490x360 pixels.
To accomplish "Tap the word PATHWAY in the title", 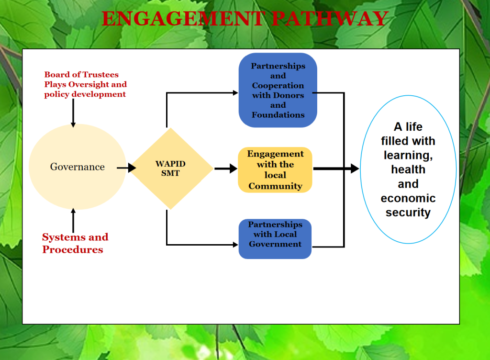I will [330, 19].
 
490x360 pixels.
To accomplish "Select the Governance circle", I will [77, 167].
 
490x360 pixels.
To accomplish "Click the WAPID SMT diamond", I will [171, 168].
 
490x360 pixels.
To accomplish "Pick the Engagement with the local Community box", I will [275, 170].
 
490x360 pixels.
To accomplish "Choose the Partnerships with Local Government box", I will [275, 238].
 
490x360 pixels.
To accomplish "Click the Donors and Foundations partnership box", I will [278, 90].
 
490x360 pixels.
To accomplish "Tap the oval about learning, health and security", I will [408, 169].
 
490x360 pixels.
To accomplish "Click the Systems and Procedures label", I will [75, 243].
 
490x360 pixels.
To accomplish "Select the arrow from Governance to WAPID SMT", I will [126, 168].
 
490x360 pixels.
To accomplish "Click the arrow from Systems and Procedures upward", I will [73, 221].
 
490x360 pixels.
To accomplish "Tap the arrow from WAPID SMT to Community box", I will [226, 169].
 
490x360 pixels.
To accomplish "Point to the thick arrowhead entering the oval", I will [355, 169].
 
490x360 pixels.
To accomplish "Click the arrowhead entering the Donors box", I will [234, 93].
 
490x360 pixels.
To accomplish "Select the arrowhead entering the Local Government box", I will [234, 245].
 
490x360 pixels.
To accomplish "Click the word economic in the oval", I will [408, 198].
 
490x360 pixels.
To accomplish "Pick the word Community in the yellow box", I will [275, 186].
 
